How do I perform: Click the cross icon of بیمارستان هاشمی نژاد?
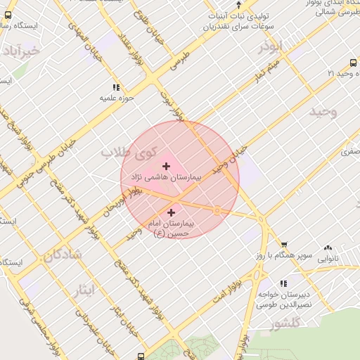tap(166, 167)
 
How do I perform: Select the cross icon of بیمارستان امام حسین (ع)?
tap(172, 212)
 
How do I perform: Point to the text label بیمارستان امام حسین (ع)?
tap(173, 228)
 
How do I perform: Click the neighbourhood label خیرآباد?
tap(21, 52)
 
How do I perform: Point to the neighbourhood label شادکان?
tap(63, 255)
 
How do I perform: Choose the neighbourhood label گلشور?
tap(285, 323)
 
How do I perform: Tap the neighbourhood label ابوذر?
tap(269, 46)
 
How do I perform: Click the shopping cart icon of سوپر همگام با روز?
tap(284, 243)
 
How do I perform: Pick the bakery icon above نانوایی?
tap(328, 247)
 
